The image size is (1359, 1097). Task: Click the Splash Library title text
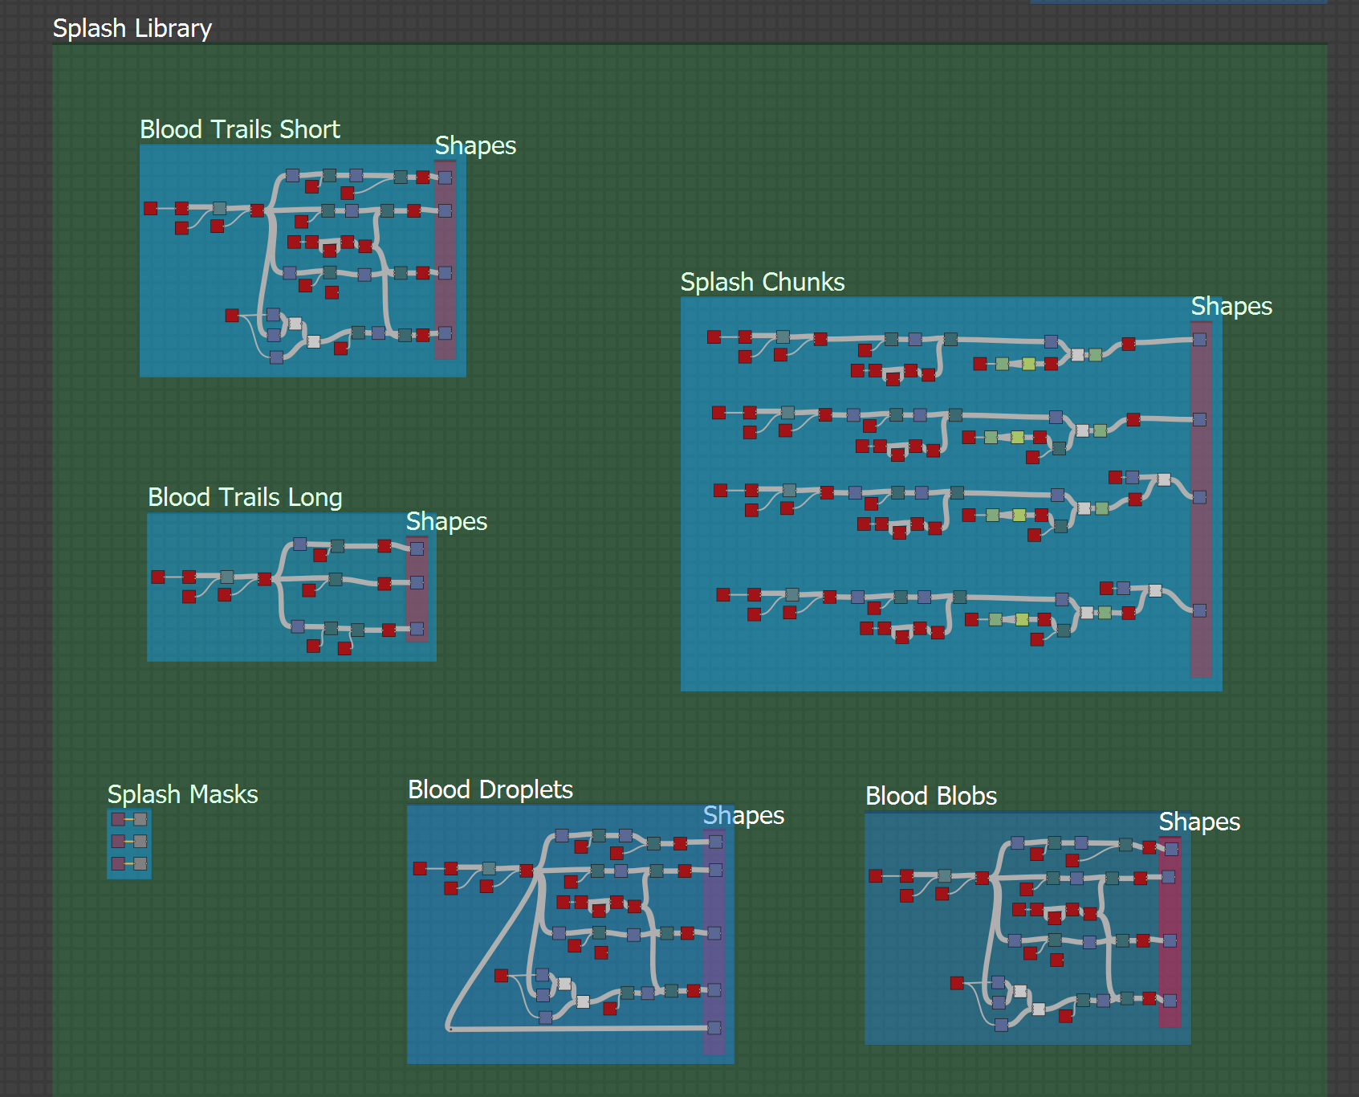(x=132, y=28)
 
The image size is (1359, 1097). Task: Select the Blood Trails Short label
(x=239, y=129)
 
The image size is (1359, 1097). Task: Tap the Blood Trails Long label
(x=245, y=497)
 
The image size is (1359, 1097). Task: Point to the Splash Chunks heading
(x=762, y=282)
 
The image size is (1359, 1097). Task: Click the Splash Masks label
(x=182, y=794)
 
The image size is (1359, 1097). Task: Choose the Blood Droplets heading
(x=490, y=789)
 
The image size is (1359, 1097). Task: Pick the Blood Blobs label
(x=930, y=796)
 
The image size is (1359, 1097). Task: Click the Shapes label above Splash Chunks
(x=1231, y=306)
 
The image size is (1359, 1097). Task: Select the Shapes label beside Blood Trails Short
(x=475, y=145)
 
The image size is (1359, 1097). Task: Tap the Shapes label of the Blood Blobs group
(x=1198, y=822)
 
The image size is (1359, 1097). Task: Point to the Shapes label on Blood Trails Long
(x=446, y=521)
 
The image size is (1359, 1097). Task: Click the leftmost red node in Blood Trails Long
(x=158, y=577)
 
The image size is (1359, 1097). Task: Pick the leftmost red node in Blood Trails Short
(x=150, y=208)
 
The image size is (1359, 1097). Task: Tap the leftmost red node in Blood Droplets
(x=420, y=868)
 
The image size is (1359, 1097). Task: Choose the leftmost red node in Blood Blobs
(x=876, y=875)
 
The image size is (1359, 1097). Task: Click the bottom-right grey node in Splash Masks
(x=140, y=863)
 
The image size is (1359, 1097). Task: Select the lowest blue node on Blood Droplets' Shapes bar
(x=714, y=1028)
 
